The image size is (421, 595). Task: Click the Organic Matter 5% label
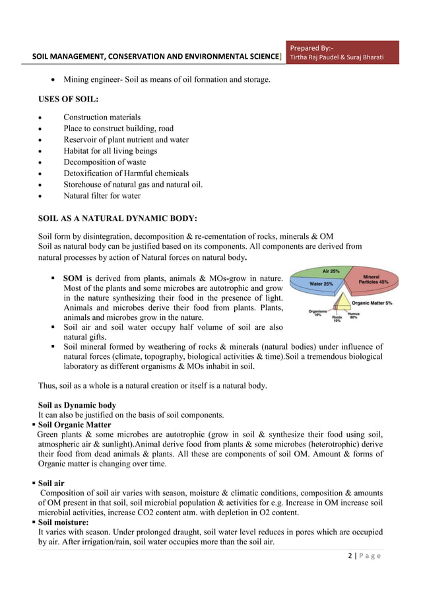click(372, 303)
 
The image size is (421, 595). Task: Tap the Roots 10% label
click(337, 319)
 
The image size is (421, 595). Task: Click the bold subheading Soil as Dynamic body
click(77, 404)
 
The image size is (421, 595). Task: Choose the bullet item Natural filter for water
click(102, 195)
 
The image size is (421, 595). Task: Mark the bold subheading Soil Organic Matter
click(75, 425)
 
